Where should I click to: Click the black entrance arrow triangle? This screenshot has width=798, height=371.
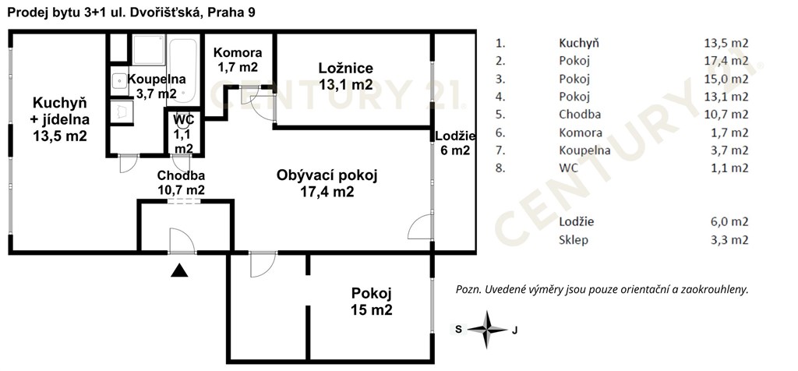pyautogui.click(x=179, y=270)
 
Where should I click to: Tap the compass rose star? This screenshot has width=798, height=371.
pyautogui.click(x=487, y=329)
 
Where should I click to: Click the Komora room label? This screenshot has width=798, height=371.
pyautogui.click(x=238, y=59)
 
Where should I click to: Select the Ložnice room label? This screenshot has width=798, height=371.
pyautogui.click(x=345, y=76)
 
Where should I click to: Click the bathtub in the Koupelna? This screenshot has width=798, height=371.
pyautogui.click(x=182, y=70)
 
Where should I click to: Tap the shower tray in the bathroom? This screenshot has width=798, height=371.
pyautogui.click(x=148, y=50)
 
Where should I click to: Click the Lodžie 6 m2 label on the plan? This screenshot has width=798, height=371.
pyautogui.click(x=455, y=143)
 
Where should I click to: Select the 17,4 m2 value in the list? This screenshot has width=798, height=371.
pyautogui.click(x=729, y=61)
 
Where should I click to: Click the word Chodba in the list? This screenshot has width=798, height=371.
pyautogui.click(x=580, y=115)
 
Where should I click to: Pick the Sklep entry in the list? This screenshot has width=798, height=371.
pyautogui.click(x=573, y=240)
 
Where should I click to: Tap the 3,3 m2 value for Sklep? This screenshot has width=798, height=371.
pyautogui.click(x=729, y=240)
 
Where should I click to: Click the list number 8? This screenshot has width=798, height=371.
pyautogui.click(x=500, y=168)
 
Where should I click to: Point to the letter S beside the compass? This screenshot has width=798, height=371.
pyautogui.click(x=458, y=329)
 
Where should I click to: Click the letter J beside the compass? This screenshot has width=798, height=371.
pyautogui.click(x=514, y=330)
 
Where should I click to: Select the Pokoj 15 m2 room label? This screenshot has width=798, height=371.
pyautogui.click(x=372, y=302)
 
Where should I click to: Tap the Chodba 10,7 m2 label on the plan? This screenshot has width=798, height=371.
pyautogui.click(x=181, y=182)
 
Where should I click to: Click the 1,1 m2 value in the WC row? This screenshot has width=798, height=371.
pyautogui.click(x=729, y=168)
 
